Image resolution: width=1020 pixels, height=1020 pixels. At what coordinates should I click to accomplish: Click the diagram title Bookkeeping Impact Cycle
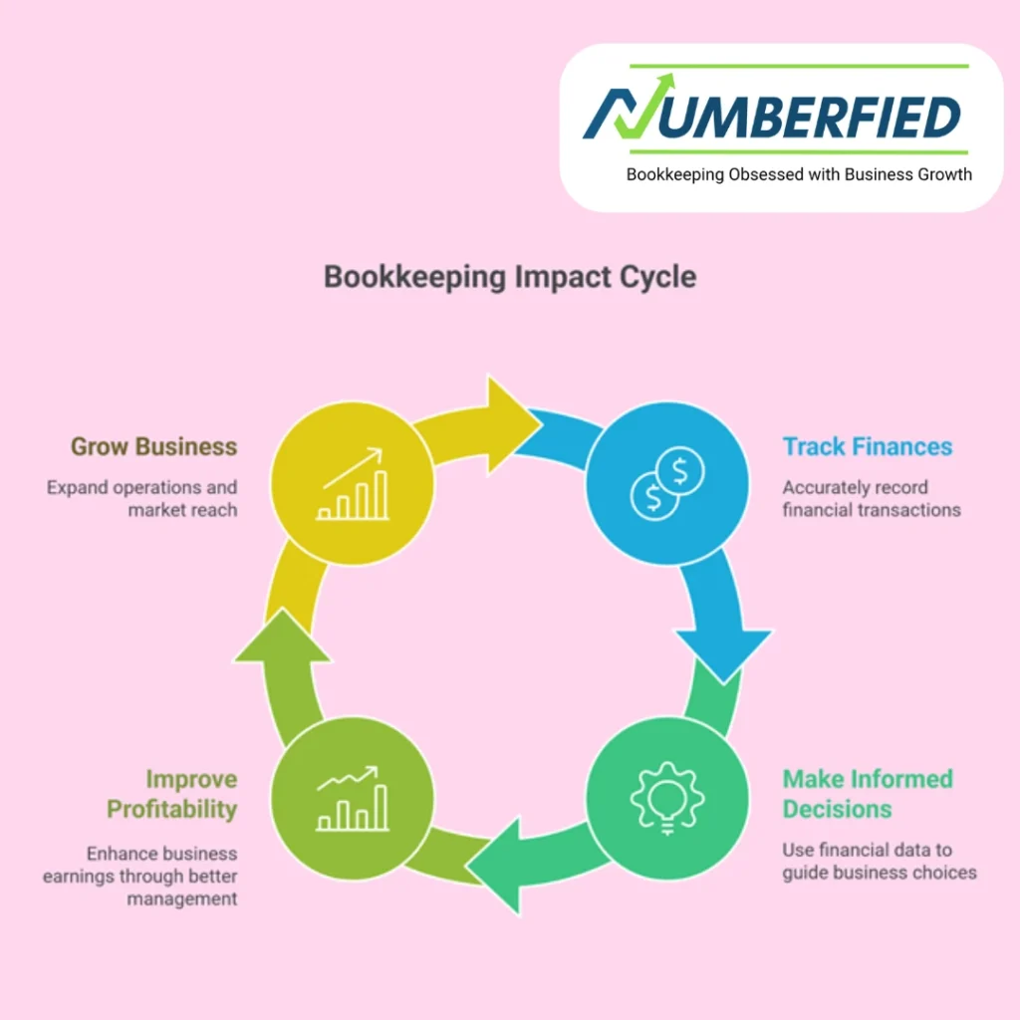[x=510, y=276]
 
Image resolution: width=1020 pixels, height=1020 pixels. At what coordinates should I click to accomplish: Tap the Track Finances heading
[x=867, y=446]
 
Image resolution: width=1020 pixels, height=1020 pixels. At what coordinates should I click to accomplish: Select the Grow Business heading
[x=153, y=446]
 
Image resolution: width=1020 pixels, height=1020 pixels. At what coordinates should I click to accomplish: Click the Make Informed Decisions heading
[x=867, y=793]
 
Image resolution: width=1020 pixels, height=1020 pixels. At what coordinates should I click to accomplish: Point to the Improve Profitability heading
[x=171, y=793]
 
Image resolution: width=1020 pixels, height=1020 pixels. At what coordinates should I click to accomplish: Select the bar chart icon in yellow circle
[x=352, y=485]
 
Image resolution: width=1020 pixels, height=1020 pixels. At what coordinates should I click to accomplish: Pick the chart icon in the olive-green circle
[x=352, y=799]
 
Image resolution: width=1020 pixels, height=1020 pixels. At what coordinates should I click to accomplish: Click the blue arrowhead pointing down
[x=724, y=648]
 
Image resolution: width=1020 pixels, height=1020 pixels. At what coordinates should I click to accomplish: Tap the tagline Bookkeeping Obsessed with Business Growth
[x=799, y=174]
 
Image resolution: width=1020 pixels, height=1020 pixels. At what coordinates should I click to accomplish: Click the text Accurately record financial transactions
[x=871, y=498]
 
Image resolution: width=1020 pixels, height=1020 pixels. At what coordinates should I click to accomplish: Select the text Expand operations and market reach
[x=141, y=498]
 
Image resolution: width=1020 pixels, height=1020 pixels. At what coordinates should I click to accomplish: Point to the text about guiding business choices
[x=879, y=861]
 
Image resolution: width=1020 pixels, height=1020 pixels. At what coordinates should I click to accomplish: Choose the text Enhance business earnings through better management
[x=139, y=876]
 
